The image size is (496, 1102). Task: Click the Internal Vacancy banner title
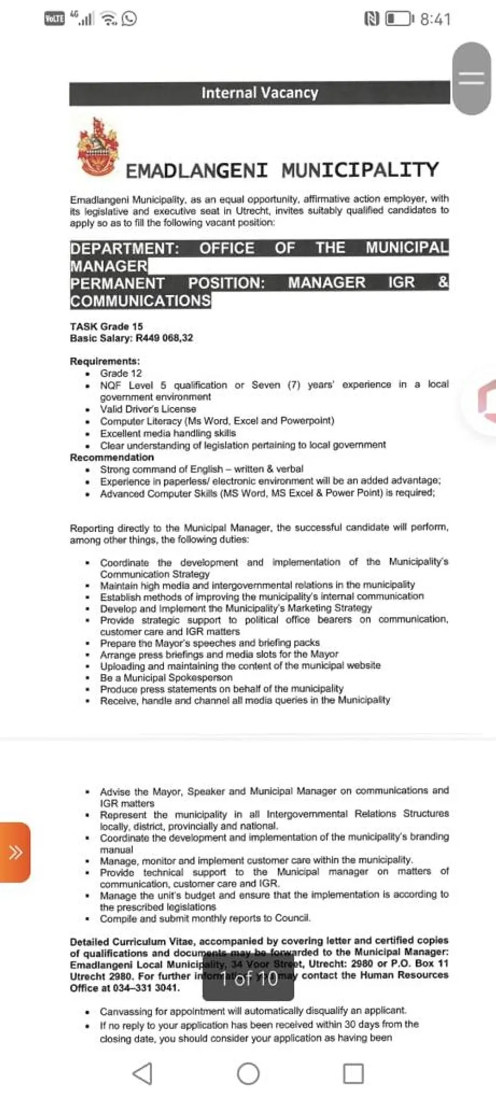(260, 93)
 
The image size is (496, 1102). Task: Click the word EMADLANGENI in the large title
(197, 170)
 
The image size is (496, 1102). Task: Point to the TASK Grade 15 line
(106, 326)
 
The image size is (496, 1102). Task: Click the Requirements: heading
(105, 361)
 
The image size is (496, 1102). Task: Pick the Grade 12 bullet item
(121, 373)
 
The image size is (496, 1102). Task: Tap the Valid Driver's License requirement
(148, 409)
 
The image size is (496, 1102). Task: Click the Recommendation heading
(112, 457)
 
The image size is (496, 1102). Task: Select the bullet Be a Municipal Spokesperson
(166, 677)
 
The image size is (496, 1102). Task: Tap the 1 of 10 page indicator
(249, 979)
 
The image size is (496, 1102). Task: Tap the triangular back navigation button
(143, 1073)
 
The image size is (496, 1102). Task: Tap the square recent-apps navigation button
(353, 1073)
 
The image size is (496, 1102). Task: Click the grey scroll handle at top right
(471, 78)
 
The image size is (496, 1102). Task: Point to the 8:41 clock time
(435, 19)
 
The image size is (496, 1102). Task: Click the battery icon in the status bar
(398, 19)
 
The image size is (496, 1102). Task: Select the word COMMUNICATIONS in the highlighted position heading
(141, 301)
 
